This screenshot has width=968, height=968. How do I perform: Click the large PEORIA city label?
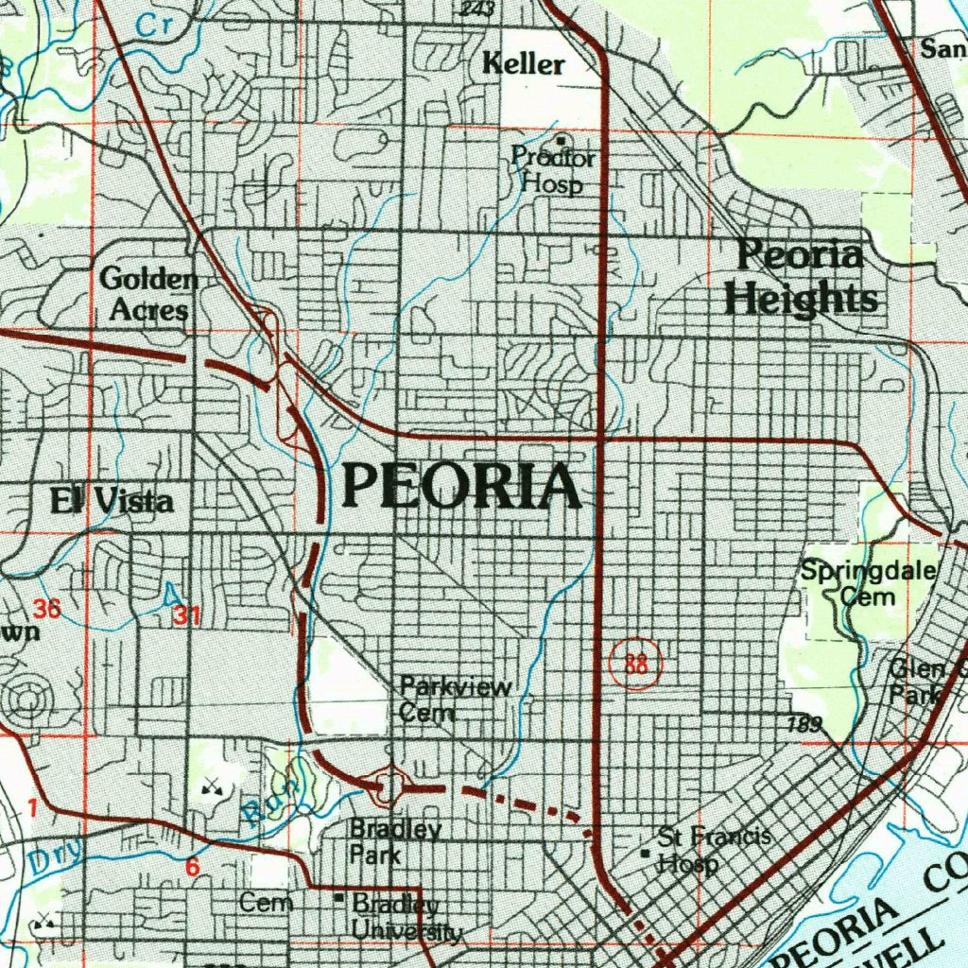(x=461, y=487)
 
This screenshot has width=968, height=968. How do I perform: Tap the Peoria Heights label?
(x=801, y=278)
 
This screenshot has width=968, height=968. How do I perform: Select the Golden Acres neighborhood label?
(x=147, y=294)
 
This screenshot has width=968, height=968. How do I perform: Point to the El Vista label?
(x=112, y=501)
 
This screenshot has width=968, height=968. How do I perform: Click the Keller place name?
(x=523, y=65)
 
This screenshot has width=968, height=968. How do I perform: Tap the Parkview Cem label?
(x=455, y=700)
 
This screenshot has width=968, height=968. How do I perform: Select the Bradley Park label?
(x=394, y=842)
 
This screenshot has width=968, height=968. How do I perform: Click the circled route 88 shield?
(x=636, y=664)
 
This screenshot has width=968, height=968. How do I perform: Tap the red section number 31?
(x=186, y=616)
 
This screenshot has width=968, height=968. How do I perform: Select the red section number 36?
(x=47, y=610)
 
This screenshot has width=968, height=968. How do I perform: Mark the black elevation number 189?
(x=804, y=726)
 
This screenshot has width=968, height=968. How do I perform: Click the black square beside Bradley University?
(x=339, y=898)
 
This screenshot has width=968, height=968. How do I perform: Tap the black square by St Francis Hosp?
(x=646, y=853)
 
